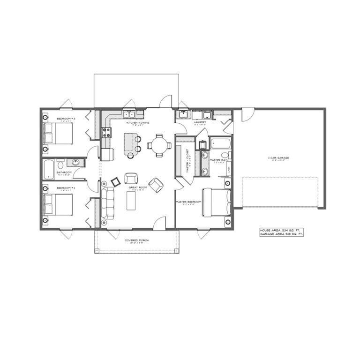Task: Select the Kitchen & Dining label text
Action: tap(138, 123)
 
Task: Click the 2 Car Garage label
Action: tap(278, 158)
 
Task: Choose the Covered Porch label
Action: tap(136, 240)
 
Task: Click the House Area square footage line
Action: tap(281, 230)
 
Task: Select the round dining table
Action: tap(159, 145)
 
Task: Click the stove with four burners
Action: tap(106, 132)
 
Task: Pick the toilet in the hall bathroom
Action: tap(60, 164)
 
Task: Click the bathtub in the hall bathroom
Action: tap(49, 169)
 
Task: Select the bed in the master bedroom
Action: tap(216, 202)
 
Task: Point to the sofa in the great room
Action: tap(107, 202)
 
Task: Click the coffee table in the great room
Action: tap(131, 201)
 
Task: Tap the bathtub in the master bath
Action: tap(219, 143)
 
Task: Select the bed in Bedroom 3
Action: tap(58, 134)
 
